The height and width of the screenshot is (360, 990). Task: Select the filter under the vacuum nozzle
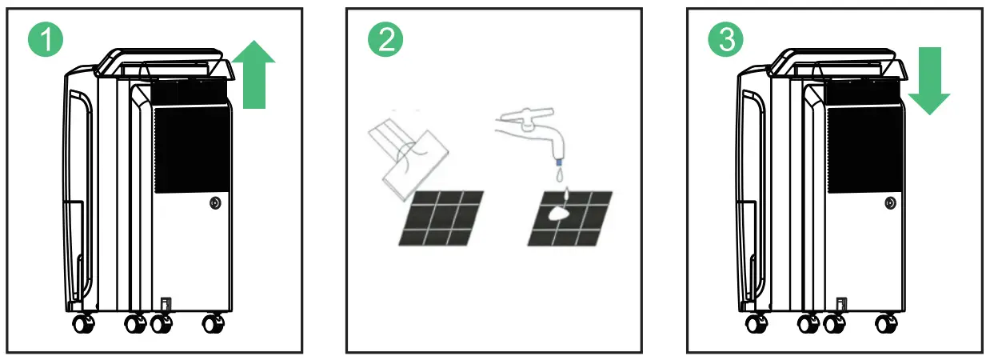(x=441, y=218)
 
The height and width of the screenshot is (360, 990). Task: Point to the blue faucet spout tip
(x=557, y=163)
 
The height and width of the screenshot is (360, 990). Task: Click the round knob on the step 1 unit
(x=214, y=204)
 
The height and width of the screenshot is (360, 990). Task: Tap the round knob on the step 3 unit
(x=889, y=204)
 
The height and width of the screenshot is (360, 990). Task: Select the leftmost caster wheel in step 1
(x=82, y=325)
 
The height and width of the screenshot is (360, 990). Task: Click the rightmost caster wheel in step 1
(x=213, y=325)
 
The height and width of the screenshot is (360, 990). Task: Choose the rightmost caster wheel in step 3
(x=887, y=325)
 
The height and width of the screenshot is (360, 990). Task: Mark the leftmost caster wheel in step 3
(x=756, y=325)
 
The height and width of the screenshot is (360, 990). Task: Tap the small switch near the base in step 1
(x=166, y=305)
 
